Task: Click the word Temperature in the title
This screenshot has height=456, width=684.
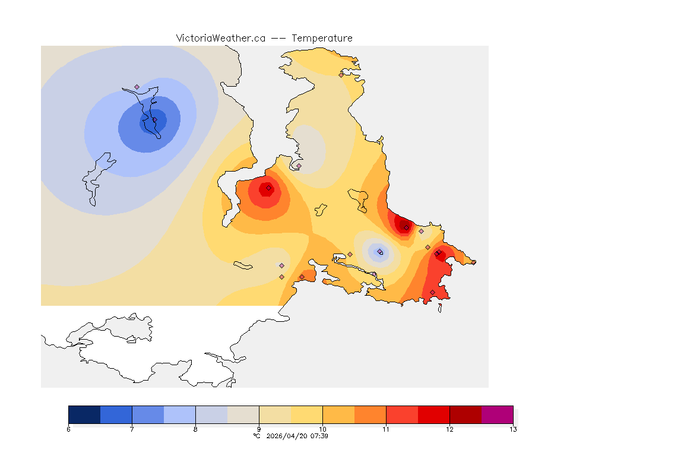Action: click(x=322, y=38)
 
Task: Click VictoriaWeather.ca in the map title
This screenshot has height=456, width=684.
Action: click(x=220, y=38)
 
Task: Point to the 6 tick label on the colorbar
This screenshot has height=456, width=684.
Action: click(x=69, y=429)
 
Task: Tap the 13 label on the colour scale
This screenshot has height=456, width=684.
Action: click(x=512, y=429)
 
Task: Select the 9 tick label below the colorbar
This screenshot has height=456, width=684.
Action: click(x=259, y=429)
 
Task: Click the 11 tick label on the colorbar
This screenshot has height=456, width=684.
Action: click(x=386, y=429)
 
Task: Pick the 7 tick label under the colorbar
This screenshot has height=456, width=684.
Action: click(x=132, y=429)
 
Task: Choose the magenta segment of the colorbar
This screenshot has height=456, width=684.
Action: click(x=497, y=414)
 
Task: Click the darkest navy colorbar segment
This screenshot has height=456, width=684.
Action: click(x=84, y=414)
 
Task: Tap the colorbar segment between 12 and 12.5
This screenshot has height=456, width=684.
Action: click(x=465, y=414)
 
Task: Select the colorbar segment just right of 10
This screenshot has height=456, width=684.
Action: click(x=338, y=414)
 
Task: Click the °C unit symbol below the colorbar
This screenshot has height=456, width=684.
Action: click(x=257, y=436)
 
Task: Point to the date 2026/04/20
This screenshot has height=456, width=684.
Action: click(x=287, y=436)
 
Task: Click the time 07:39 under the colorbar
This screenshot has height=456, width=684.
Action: click(x=319, y=436)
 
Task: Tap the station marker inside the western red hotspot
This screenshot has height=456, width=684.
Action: click(x=268, y=188)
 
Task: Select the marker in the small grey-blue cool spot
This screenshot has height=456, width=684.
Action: click(x=380, y=252)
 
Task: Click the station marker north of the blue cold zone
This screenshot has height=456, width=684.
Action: click(x=137, y=87)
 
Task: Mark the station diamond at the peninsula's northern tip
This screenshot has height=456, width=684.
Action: click(x=341, y=75)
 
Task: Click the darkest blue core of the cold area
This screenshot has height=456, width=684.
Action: click(x=153, y=121)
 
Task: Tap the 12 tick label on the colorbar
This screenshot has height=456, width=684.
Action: click(x=449, y=429)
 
